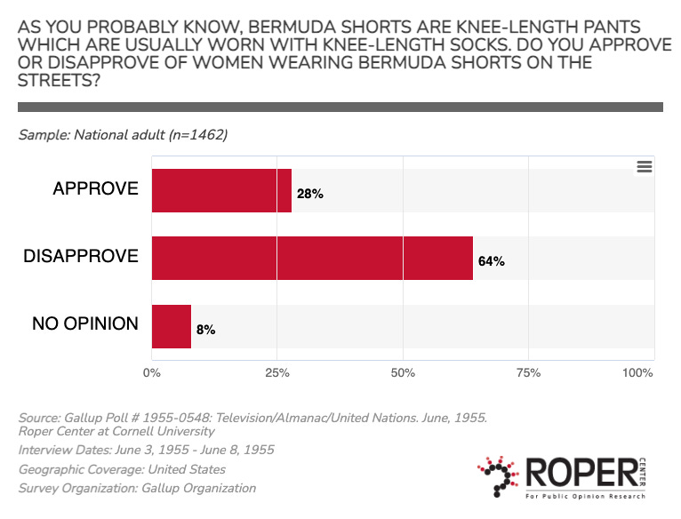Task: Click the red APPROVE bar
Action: point(221,191)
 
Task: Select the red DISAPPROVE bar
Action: point(312,258)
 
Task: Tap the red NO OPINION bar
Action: point(172,327)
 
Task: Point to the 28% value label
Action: point(310,194)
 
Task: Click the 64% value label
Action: point(492,261)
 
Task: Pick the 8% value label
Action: point(206,330)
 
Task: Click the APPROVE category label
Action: point(95,188)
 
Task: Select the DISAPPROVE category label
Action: point(81,256)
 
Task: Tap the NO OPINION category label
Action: point(85,323)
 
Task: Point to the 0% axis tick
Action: point(151,372)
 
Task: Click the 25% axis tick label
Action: point(277,372)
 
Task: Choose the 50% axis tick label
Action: point(403,372)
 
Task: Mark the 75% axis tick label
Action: point(529,372)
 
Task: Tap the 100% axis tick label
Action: point(637,372)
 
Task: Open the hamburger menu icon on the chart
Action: point(645,166)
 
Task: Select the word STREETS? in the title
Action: point(59,80)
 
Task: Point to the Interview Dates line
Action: point(146,450)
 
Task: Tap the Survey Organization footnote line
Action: point(137,488)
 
